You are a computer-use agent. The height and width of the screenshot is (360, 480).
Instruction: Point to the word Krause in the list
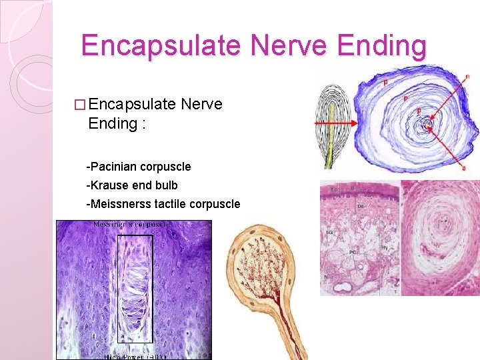pyautogui.click(x=109, y=185)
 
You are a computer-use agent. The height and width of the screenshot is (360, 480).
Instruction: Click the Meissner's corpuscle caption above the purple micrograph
pyautogui.click(x=131, y=225)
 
